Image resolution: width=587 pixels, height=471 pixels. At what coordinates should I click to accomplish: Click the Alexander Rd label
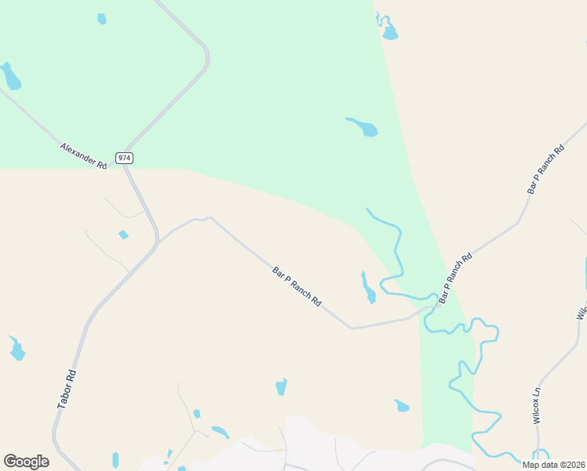[83, 155]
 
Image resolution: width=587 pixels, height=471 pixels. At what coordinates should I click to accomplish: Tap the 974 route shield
[124, 158]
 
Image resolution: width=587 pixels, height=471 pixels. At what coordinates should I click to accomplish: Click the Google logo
[26, 462]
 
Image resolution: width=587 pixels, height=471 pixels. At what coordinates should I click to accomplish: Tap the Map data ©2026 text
[552, 465]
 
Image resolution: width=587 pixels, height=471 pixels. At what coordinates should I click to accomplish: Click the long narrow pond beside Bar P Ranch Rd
[366, 288]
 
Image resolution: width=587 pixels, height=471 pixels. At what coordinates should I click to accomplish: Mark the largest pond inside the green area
[363, 126]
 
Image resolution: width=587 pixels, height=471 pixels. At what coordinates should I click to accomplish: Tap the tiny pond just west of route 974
[122, 235]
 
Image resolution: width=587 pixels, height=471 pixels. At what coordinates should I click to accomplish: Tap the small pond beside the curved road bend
[101, 19]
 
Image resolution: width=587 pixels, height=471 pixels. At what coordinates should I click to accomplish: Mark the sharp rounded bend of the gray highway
[206, 57]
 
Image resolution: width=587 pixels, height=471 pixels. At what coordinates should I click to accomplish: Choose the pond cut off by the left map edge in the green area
[9, 76]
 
